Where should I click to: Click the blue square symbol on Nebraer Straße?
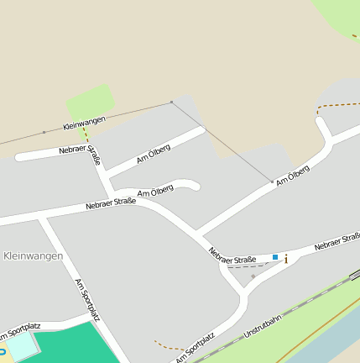274,257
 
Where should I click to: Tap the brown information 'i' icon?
286,258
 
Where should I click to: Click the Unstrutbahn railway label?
262,323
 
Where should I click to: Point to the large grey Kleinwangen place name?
33,255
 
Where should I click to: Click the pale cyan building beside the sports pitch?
21,346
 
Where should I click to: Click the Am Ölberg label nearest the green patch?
154,154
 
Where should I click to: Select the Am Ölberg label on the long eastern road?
292,175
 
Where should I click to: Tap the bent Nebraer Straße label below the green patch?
81,152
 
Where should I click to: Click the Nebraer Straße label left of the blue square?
232,255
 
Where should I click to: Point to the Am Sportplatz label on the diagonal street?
87,300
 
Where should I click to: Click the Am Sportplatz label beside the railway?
195,346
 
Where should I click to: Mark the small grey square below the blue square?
253,276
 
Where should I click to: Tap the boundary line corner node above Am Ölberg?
171,103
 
